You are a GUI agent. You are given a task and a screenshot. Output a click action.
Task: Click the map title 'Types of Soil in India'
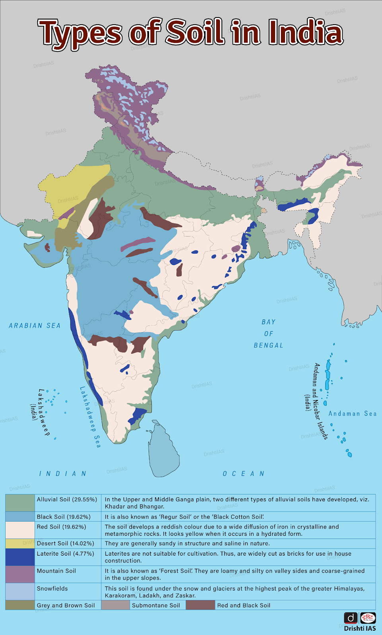point(191,33)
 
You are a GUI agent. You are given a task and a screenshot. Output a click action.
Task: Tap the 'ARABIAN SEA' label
point(35,326)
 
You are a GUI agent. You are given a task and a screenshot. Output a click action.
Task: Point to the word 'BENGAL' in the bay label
point(269,345)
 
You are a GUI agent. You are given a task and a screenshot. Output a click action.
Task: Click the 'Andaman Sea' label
point(352,414)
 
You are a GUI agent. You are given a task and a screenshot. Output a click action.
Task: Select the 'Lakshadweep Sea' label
point(90,417)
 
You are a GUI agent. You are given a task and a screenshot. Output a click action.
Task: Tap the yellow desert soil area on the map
point(68,187)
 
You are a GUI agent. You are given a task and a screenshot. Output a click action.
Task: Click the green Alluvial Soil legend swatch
point(20,503)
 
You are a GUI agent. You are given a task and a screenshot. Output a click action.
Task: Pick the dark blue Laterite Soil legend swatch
point(20,557)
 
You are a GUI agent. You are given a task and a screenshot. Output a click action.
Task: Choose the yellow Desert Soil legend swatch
point(20,543)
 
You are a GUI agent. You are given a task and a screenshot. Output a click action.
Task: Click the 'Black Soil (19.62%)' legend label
point(64,517)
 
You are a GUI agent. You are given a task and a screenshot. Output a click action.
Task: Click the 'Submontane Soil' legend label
point(156,605)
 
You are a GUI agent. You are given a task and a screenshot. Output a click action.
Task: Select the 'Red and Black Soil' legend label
point(244,605)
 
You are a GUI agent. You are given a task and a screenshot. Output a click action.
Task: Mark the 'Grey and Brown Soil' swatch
point(20,605)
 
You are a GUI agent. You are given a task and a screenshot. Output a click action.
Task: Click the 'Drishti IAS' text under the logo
point(360,628)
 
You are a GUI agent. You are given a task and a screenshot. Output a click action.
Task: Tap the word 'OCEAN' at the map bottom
point(243,473)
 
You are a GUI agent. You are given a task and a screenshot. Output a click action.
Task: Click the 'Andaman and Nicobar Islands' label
point(320,401)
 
